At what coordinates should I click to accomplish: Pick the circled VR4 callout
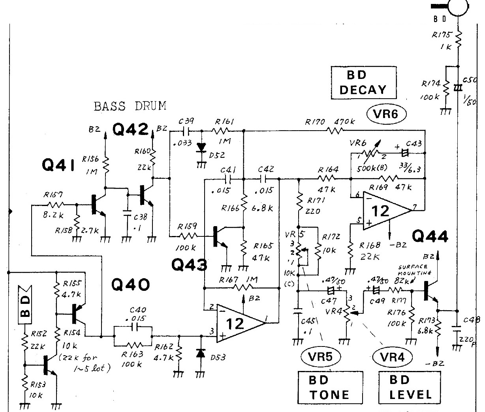392,358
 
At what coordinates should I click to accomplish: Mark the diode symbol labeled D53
201,354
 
